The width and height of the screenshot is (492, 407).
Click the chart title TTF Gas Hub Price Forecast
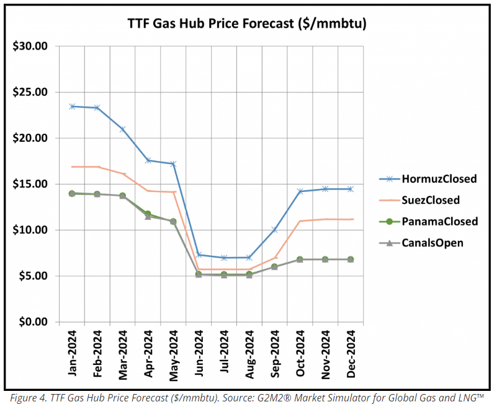[247, 24]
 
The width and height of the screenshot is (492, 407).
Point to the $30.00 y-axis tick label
[30, 46]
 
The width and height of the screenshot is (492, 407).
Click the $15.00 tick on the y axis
[30, 184]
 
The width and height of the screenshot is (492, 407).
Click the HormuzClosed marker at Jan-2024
[72, 107]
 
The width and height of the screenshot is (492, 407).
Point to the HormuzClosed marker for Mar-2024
[123, 129]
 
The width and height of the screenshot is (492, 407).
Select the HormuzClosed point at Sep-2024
[275, 230]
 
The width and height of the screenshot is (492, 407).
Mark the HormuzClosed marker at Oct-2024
[300, 191]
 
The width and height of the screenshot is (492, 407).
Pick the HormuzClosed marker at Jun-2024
[199, 255]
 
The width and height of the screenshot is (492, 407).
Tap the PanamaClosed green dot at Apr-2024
[148, 214]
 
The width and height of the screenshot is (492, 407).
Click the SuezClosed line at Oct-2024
[300, 221]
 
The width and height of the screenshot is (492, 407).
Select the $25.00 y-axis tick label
[30, 92]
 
